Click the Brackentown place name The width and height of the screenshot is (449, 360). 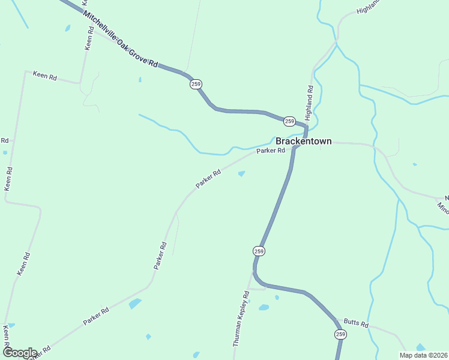(303, 141)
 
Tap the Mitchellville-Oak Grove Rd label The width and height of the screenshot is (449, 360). (120, 39)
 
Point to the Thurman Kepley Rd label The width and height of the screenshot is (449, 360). (241, 319)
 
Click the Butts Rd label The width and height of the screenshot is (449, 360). (356, 323)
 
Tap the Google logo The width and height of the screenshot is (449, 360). (19, 353)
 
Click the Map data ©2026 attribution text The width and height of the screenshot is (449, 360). (424, 355)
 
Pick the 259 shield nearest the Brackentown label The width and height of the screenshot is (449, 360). (289, 121)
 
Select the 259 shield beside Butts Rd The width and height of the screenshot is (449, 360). (341, 334)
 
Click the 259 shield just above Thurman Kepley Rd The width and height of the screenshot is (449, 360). (259, 250)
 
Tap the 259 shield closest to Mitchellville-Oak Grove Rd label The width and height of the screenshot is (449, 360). (196, 84)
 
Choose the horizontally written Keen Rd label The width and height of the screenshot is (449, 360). (44, 76)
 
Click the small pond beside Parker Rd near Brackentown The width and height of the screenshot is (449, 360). (241, 174)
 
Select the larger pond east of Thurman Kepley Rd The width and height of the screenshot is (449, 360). (264, 308)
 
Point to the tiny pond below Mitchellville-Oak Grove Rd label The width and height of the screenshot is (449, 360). (140, 79)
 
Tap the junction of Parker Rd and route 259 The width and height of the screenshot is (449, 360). (294, 148)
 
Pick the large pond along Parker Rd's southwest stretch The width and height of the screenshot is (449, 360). (135, 304)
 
